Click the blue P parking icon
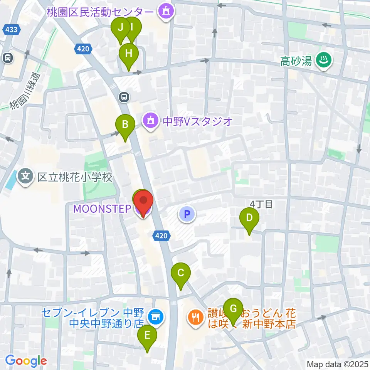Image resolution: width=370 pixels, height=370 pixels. coord(187,214)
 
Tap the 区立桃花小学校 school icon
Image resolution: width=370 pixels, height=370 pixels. coord(26,177)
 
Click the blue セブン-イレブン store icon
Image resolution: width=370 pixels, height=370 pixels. coord(156,317)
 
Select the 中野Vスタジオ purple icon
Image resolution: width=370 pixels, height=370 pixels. coord(150,121)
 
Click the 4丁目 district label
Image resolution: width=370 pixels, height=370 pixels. coord(261,204)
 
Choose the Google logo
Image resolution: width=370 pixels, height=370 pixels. coord(26,361)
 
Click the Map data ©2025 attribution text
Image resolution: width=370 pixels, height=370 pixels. coord(337,364)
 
